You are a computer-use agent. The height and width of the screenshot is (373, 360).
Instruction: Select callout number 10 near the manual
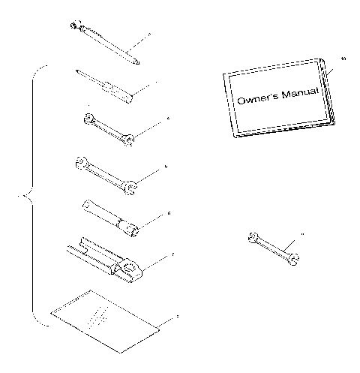point(344,58)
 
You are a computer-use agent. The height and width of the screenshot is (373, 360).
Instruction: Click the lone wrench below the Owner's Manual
point(272,248)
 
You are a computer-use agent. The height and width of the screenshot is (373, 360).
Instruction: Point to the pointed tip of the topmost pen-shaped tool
point(137,62)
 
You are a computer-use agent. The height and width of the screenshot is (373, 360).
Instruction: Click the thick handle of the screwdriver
point(119,89)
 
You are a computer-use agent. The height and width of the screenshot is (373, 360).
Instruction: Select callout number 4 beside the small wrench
point(169,118)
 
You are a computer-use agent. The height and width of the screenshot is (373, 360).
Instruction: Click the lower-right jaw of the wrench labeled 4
point(130,137)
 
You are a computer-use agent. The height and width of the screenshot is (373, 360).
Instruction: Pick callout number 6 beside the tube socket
point(169,213)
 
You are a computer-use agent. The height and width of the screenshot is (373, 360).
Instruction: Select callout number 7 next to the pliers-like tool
point(172,254)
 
